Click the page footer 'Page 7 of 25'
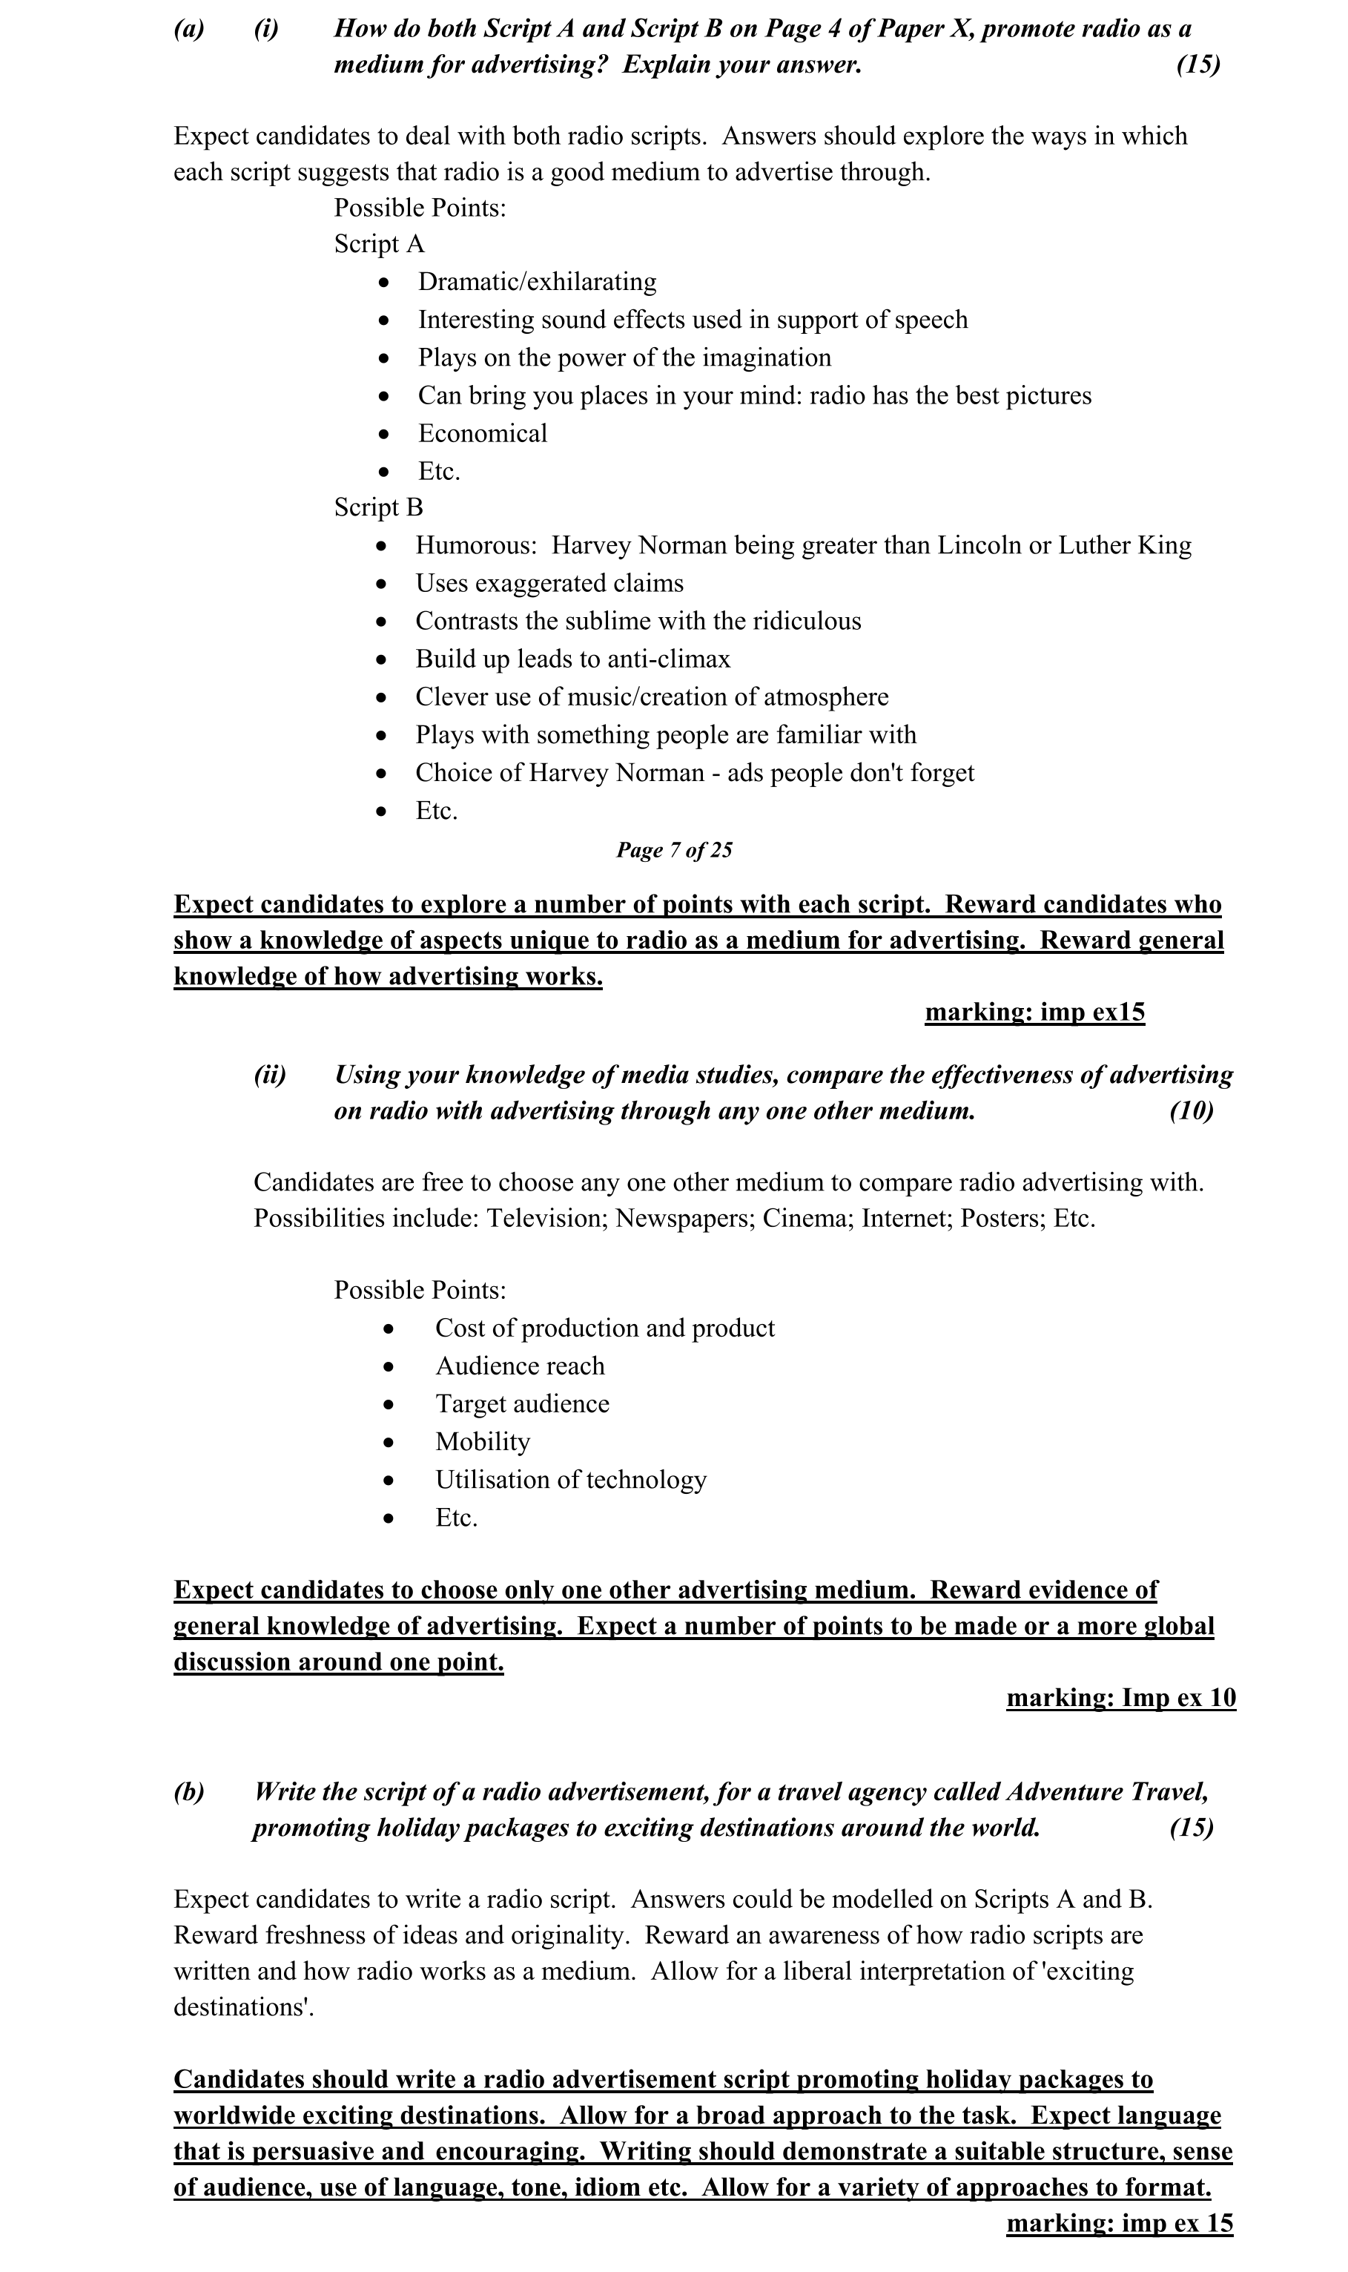click(674, 850)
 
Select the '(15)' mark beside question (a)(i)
click(1198, 65)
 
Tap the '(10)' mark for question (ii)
click(1191, 1111)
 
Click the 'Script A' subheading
click(379, 244)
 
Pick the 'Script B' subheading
click(378, 508)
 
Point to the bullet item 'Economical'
click(483, 433)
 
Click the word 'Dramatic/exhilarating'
click(537, 282)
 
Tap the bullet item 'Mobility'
click(483, 1442)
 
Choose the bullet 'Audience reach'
click(520, 1366)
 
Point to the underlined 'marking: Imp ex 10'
click(1121, 1698)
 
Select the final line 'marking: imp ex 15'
click(1119, 2223)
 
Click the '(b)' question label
click(189, 1792)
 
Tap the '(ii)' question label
click(270, 1076)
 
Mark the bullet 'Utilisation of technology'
click(570, 1480)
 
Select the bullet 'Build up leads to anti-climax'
click(572, 659)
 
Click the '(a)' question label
click(189, 29)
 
